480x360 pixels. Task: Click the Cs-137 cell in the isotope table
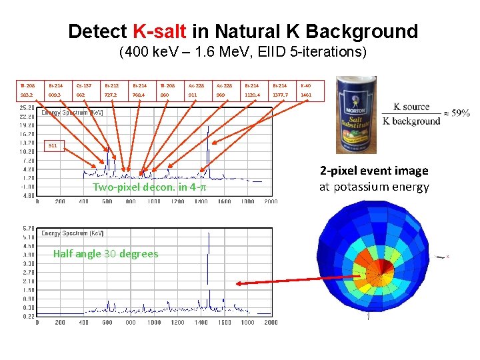point(81,85)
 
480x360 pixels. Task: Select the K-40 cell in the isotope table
point(306,85)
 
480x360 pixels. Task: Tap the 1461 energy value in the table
point(306,95)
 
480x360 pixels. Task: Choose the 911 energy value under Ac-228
point(193,95)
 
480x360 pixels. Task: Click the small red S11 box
point(53,145)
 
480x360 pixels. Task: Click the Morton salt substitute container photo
point(357,113)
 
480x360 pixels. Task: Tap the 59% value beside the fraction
point(459,113)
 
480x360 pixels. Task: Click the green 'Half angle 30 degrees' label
point(105,253)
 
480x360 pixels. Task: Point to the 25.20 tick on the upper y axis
point(27,107)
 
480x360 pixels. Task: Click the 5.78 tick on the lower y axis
point(27,229)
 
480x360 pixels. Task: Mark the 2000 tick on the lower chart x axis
point(271,323)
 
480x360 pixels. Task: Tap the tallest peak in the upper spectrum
point(208,127)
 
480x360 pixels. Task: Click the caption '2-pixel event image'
point(373,171)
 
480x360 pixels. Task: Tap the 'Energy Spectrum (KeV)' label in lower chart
point(73,233)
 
